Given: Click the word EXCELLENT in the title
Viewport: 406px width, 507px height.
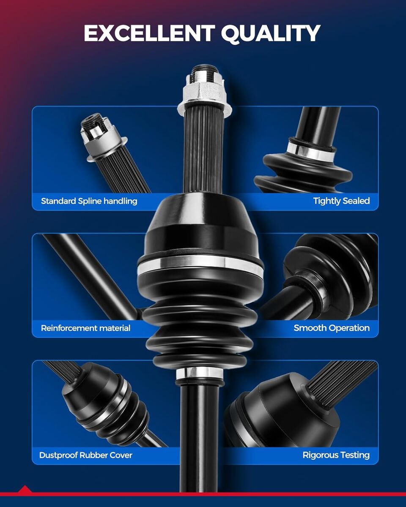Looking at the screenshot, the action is pos(149,33).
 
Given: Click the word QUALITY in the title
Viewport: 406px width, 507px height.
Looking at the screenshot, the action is pos(270,34).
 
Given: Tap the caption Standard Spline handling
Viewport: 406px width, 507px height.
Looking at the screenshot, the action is pos(89,201).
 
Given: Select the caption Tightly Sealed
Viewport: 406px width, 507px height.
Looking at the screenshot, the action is pos(341,201).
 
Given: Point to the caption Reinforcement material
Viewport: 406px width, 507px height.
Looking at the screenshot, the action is pos(85,328).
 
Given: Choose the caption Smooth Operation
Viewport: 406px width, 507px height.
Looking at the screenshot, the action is pos(332,328).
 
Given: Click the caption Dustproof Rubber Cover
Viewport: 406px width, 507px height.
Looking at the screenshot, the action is pos(85,455).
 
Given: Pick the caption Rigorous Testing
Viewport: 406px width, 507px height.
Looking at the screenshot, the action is pos(336,455).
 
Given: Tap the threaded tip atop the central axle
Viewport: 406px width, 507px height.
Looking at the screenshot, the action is pos(205,70).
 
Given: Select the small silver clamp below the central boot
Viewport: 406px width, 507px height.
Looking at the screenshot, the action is pos(200,373).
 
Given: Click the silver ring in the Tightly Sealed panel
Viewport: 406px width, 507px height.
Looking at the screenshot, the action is pos(311,151).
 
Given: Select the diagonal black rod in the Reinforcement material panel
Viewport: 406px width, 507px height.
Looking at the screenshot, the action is pos(92,277).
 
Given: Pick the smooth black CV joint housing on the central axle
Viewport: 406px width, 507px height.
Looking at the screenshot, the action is pos(200,226).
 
